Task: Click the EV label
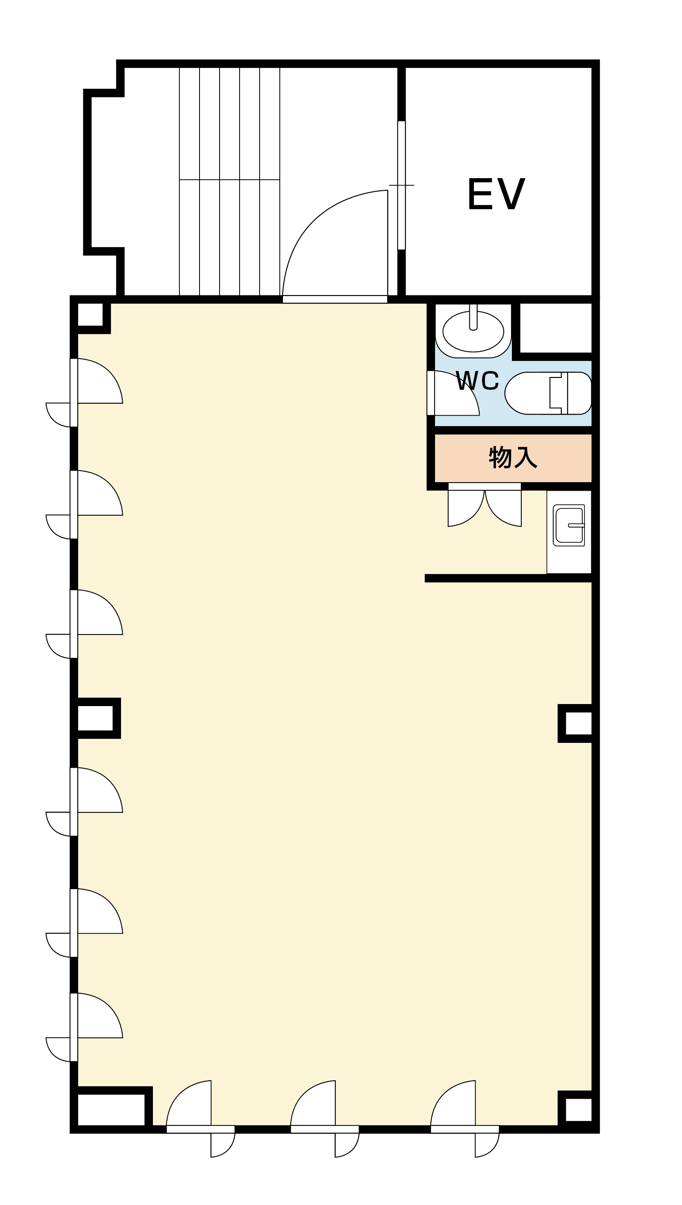tap(496, 194)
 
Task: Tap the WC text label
tap(477, 381)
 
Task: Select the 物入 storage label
tap(513, 457)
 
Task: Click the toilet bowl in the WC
tap(548, 393)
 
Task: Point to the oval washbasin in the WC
tap(473, 331)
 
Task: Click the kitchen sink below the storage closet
tap(569, 525)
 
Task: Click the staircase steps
tap(229, 181)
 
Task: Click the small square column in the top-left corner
tap(90, 315)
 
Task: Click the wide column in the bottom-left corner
tap(112, 1108)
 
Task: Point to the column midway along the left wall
tap(96, 718)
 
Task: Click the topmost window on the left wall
tap(74, 393)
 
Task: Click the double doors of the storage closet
tap(485, 505)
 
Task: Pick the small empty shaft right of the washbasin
tap(556, 328)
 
